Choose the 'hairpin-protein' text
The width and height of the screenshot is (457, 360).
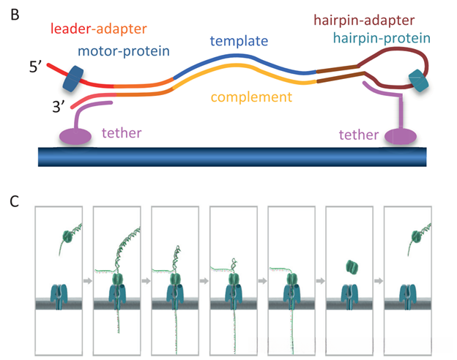coord(381,37)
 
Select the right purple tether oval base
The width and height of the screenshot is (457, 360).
coord(399,137)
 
